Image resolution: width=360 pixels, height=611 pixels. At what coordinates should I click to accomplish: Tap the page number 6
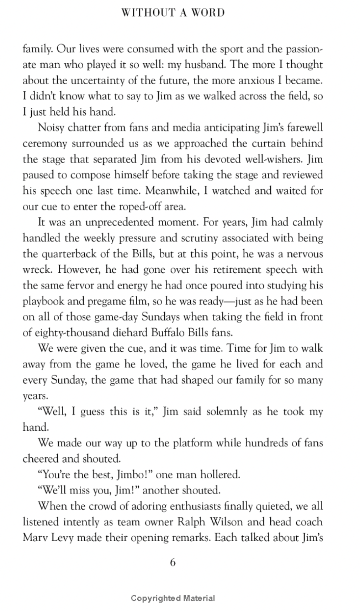(x=173, y=563)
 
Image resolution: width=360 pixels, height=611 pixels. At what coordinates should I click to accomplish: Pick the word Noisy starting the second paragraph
(x=52, y=128)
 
